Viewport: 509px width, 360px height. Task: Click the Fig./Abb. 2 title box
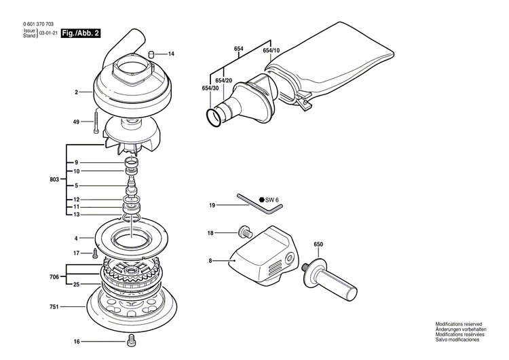point(79,33)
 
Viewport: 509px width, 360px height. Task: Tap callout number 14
point(171,54)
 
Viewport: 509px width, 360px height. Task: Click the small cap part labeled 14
point(153,53)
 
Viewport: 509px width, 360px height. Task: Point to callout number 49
point(77,122)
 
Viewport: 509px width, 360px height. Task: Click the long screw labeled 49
point(98,122)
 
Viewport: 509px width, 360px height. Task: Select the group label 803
point(54,180)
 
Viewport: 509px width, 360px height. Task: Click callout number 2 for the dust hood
point(77,91)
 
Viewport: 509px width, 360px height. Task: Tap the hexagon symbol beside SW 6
point(261,199)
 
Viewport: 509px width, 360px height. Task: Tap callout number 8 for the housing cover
point(211,261)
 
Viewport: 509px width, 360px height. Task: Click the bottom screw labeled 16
point(131,342)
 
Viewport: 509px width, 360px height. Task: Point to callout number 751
point(72,307)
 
